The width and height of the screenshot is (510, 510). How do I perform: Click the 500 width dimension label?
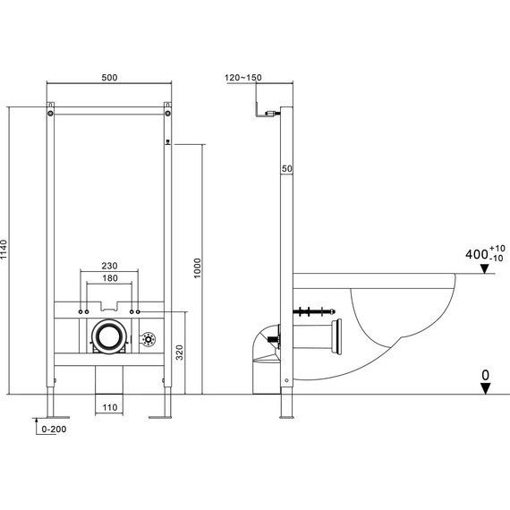point(109,78)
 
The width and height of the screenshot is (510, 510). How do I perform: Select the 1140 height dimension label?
point(4,250)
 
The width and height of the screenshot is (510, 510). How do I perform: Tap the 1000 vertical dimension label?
point(198,268)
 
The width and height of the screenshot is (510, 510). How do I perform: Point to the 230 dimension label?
point(109,266)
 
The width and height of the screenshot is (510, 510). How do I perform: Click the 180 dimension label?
point(110,278)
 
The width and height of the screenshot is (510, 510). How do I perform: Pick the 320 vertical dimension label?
point(180,353)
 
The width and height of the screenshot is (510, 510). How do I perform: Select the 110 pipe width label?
point(110,407)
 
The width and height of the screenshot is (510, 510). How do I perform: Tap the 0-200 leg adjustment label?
point(54,429)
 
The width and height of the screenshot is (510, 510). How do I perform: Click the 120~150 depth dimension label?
point(243,78)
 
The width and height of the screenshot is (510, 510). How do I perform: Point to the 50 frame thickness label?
point(287,168)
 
